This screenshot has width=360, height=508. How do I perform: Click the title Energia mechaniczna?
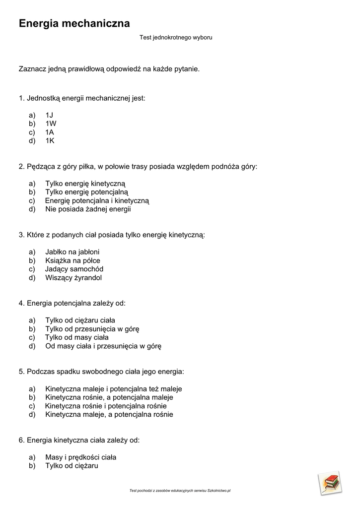[x=74, y=23]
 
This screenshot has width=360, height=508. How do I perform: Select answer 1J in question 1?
[x=49, y=115]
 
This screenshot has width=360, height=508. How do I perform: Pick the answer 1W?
[x=51, y=124]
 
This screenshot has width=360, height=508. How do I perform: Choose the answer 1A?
[x=50, y=132]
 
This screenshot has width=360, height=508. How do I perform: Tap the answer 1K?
[x=50, y=140]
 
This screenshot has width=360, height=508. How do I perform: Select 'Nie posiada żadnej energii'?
[x=88, y=209]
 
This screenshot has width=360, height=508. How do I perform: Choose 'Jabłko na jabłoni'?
[x=72, y=252]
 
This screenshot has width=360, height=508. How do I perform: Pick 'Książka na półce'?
[x=72, y=260]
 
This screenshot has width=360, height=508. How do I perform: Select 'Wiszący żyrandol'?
[x=73, y=277]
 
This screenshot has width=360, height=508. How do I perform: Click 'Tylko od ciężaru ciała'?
[x=80, y=320]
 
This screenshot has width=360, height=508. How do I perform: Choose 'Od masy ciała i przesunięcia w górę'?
[x=103, y=346]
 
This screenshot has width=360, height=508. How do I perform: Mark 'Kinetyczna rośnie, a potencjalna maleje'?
[x=109, y=397]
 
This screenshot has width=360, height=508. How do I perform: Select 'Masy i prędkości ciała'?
[x=80, y=457]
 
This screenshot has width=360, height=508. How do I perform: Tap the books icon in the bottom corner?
[x=329, y=483]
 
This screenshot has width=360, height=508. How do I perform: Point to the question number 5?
[x=21, y=371]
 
